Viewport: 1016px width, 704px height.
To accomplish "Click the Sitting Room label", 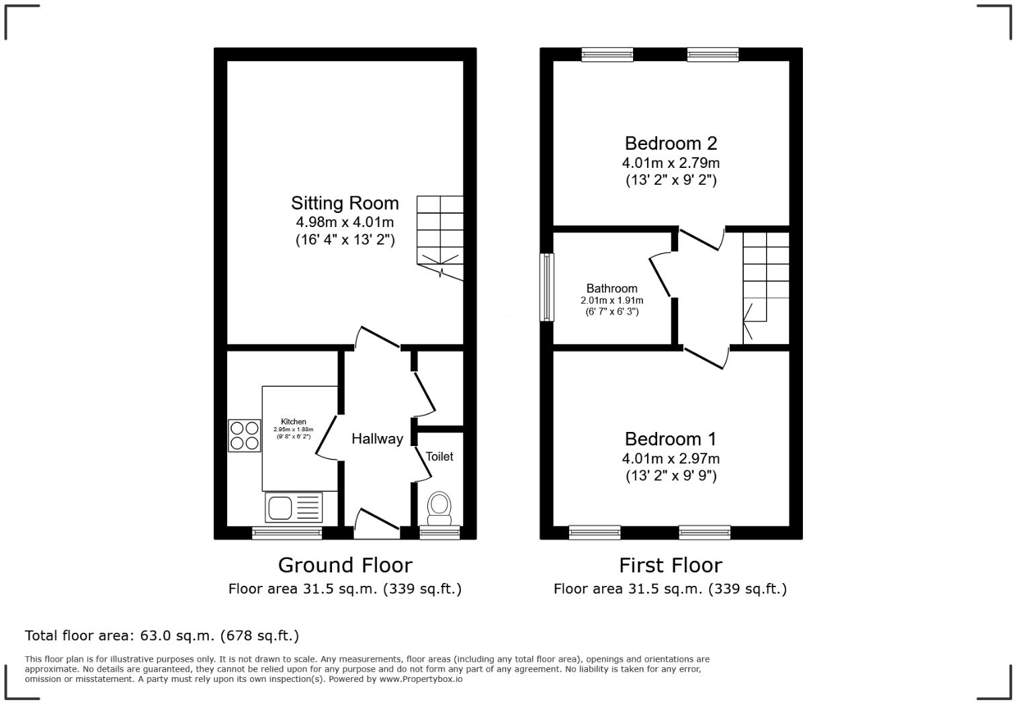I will pyautogui.click(x=345, y=203).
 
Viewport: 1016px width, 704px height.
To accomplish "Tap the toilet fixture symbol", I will pyautogui.click(x=439, y=509).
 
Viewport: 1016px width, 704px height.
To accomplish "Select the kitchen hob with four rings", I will pyautogui.click(x=245, y=435).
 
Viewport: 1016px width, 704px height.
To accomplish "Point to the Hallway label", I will pyautogui.click(x=377, y=439).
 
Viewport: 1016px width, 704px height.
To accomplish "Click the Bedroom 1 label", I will pyautogui.click(x=670, y=439).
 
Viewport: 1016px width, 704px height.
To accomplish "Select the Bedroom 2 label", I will pyautogui.click(x=670, y=143).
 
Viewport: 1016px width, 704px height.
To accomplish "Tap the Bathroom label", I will pyautogui.click(x=611, y=288).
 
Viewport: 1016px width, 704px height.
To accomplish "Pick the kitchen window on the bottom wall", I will pyautogui.click(x=287, y=533).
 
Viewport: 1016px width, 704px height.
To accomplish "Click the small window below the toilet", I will pyautogui.click(x=439, y=533).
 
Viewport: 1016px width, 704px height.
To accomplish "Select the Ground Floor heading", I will pyautogui.click(x=345, y=565).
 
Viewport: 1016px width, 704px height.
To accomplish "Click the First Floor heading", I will pyautogui.click(x=670, y=565).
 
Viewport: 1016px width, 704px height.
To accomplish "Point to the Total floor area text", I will pyautogui.click(x=161, y=635).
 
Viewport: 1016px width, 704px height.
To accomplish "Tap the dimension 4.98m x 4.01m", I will pyautogui.click(x=345, y=222).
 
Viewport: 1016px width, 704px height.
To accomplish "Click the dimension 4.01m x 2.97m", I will pyautogui.click(x=670, y=458).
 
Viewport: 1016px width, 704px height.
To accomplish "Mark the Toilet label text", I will pyautogui.click(x=439, y=456).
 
